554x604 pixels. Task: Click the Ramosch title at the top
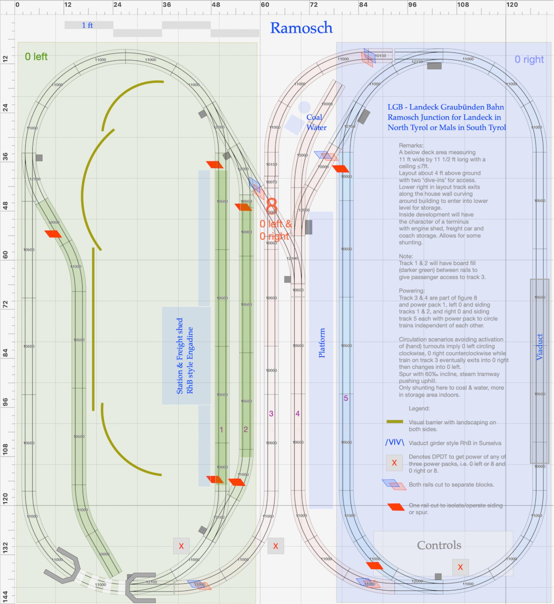pyautogui.click(x=301, y=28)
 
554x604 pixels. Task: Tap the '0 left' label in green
pyautogui.click(x=36, y=57)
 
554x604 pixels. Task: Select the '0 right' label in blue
pyautogui.click(x=529, y=60)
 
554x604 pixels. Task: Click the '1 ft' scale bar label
pyautogui.click(x=87, y=25)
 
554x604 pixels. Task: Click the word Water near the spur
pyautogui.click(x=316, y=128)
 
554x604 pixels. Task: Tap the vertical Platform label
pyautogui.click(x=322, y=343)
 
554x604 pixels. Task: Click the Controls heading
pyautogui.click(x=439, y=545)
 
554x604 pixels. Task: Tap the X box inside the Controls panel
pyautogui.click(x=460, y=567)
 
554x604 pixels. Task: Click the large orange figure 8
pyautogui.click(x=272, y=206)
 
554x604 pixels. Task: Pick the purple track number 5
pyautogui.click(x=346, y=398)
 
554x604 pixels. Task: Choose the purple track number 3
pyautogui.click(x=271, y=414)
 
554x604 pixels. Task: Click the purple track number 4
pyautogui.click(x=297, y=414)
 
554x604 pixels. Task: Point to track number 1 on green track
pyautogui.click(x=221, y=430)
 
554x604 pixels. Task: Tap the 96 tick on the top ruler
pyautogui.click(x=412, y=5)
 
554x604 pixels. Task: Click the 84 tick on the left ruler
pyautogui.click(x=5, y=353)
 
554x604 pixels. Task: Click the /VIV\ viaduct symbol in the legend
pyautogui.click(x=395, y=442)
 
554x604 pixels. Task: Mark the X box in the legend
pyautogui.click(x=394, y=463)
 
